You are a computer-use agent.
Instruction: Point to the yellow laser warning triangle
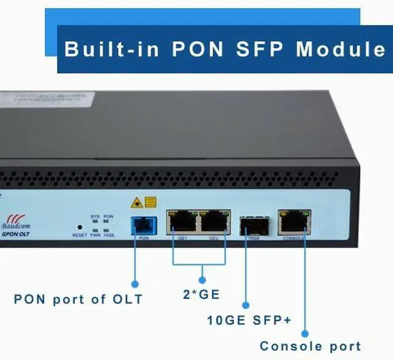coord(138,202)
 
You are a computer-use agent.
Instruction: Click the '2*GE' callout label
coord(201,294)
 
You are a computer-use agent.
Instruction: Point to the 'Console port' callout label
coord(310,347)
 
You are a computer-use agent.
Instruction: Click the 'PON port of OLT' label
coord(78,300)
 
